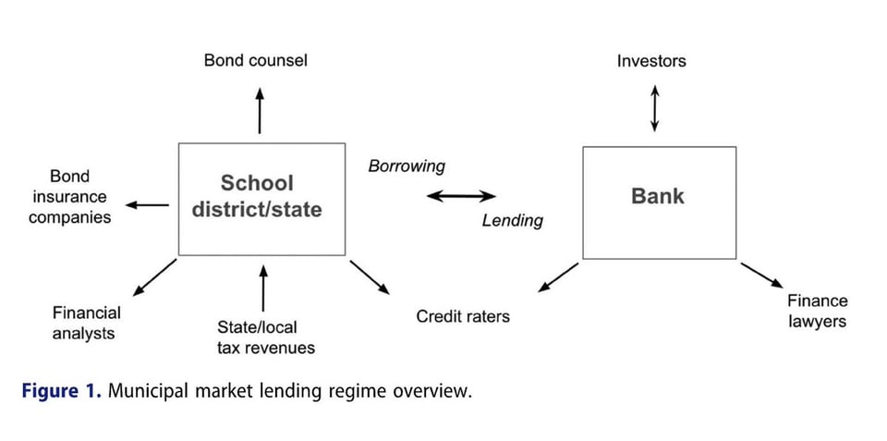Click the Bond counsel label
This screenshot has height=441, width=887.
click(x=255, y=61)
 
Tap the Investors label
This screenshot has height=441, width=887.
click(x=651, y=61)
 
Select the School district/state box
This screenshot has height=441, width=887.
click(x=261, y=199)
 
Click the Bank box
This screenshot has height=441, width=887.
click(x=659, y=202)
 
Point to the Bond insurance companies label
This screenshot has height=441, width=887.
click(x=70, y=197)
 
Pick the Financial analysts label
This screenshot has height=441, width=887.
click(x=86, y=323)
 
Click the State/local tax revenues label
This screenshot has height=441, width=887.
click(x=265, y=337)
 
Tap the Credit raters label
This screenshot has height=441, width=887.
click(x=462, y=316)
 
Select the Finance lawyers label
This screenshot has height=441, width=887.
click(x=816, y=311)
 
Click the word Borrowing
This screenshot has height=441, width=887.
click(x=407, y=166)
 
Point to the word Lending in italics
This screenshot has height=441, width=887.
click(x=512, y=221)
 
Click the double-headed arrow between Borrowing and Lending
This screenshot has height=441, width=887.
click(x=461, y=196)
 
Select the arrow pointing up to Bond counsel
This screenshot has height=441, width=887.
click(x=260, y=111)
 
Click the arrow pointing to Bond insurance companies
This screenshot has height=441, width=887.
click(x=147, y=205)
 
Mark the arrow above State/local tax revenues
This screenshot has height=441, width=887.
click(x=263, y=288)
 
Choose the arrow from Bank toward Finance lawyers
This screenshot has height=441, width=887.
click(x=762, y=275)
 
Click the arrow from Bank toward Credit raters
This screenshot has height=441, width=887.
click(x=558, y=277)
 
